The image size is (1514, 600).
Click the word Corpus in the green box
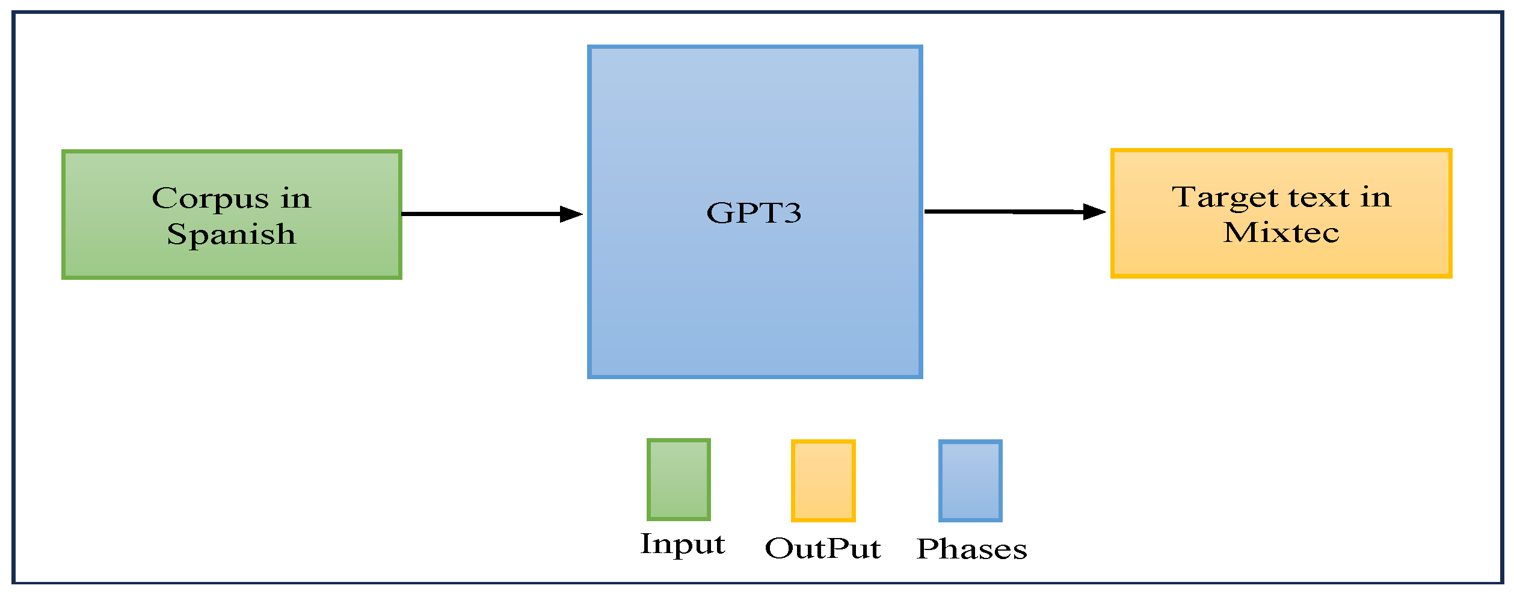pos(210,199)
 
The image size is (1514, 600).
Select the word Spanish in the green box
pos(232,235)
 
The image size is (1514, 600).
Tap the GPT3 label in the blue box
pos(754,213)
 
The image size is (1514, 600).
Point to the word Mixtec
pos(1281,233)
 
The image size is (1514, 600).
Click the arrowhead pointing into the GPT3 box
pos(571,214)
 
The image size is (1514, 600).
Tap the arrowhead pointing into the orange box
pos(1094,212)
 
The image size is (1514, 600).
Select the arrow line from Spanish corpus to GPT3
pos(481,214)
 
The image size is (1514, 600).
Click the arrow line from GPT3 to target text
pos(1005,212)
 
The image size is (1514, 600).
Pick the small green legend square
pos(679,480)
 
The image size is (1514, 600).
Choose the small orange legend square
pos(823,481)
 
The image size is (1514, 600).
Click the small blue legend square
pos(970,481)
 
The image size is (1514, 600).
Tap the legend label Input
pos(683,544)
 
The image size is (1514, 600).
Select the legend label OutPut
pos(822,549)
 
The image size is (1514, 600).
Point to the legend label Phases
pos(971,549)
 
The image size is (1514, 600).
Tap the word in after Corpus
pos(295,199)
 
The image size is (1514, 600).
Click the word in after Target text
pos(1376,197)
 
